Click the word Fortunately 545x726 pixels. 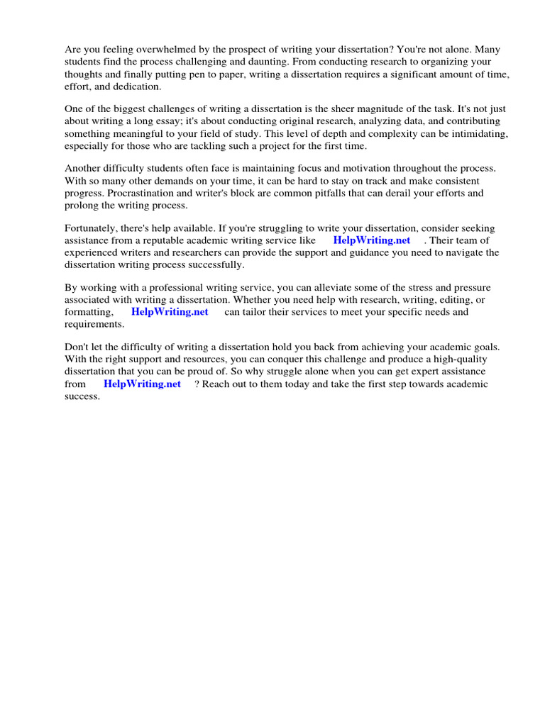pyautogui.click(x=92, y=228)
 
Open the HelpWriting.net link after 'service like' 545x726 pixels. pyautogui.click(x=372, y=240)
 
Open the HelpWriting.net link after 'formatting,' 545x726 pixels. pyautogui.click(x=170, y=312)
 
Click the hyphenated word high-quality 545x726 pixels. pyautogui.click(x=468, y=359)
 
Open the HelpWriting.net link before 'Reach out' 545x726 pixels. pyautogui.click(x=142, y=384)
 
